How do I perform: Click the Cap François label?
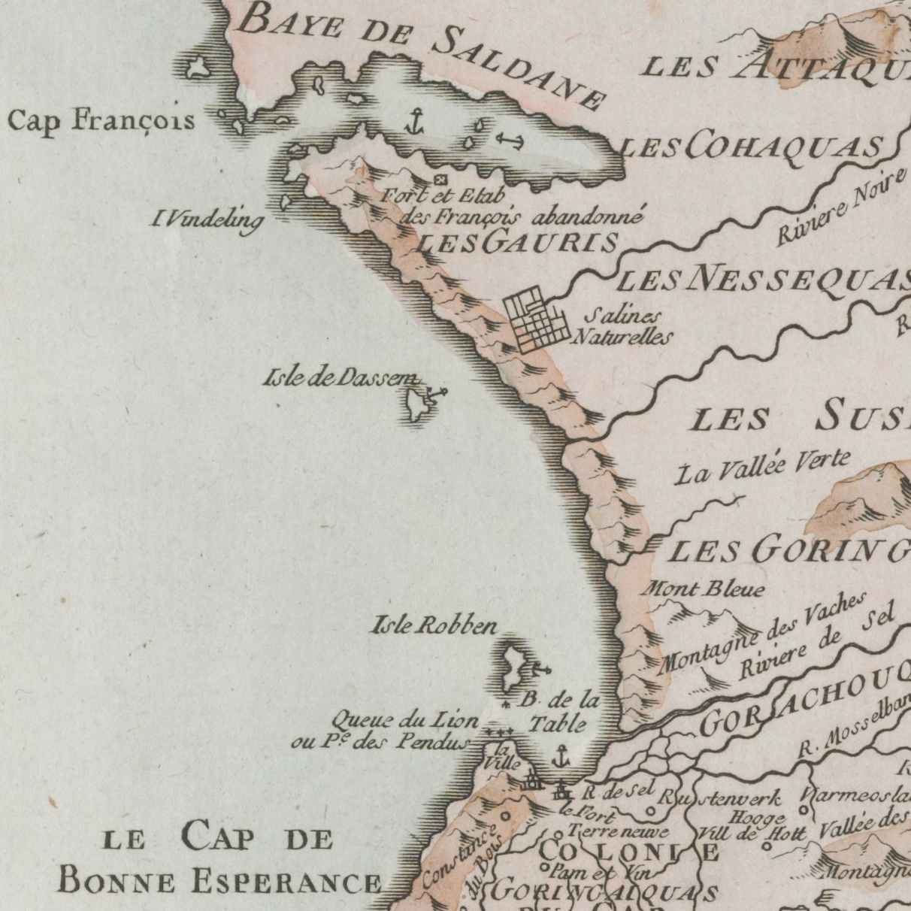point(101,120)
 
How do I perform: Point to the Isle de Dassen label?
point(340,377)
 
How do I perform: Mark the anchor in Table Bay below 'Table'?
point(560,755)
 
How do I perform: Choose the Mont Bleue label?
point(702,589)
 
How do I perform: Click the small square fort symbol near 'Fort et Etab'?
point(441,180)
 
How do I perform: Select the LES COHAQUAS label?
point(752,147)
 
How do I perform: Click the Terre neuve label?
point(618,832)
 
